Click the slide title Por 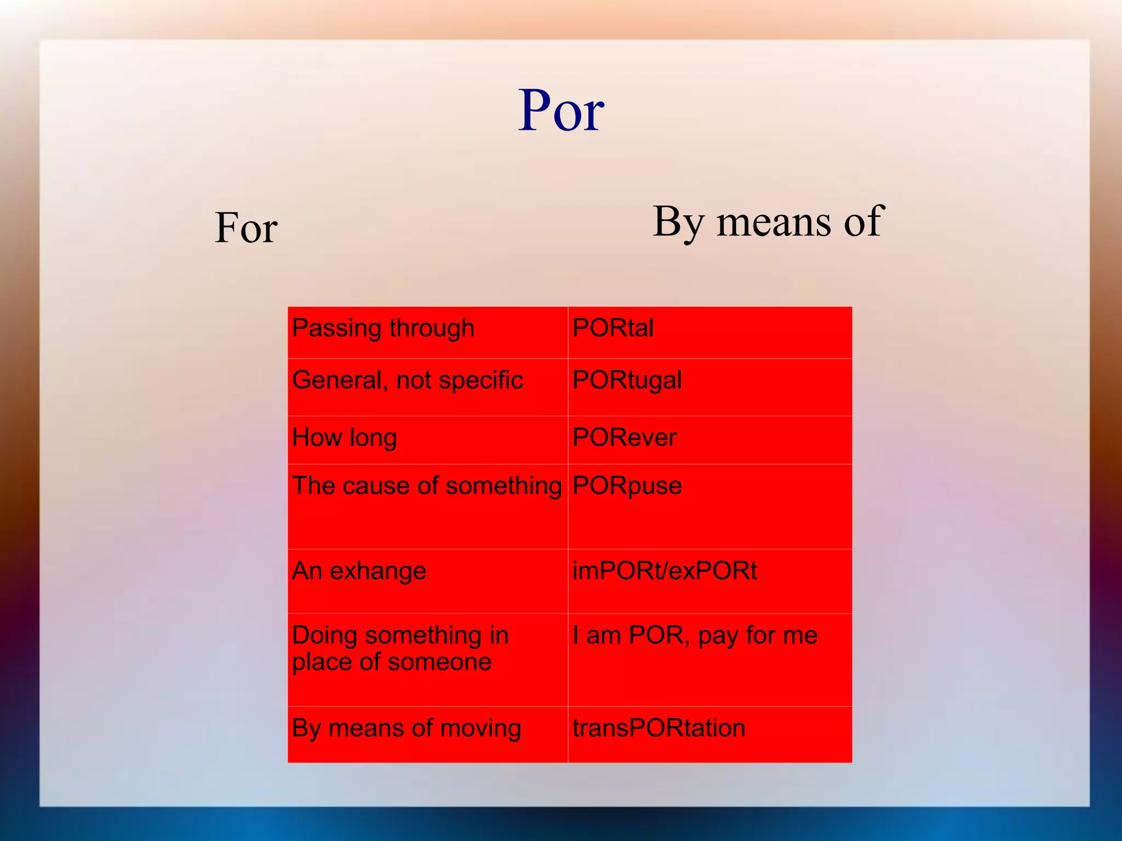(561, 111)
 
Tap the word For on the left (246, 228)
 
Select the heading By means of (768, 222)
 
